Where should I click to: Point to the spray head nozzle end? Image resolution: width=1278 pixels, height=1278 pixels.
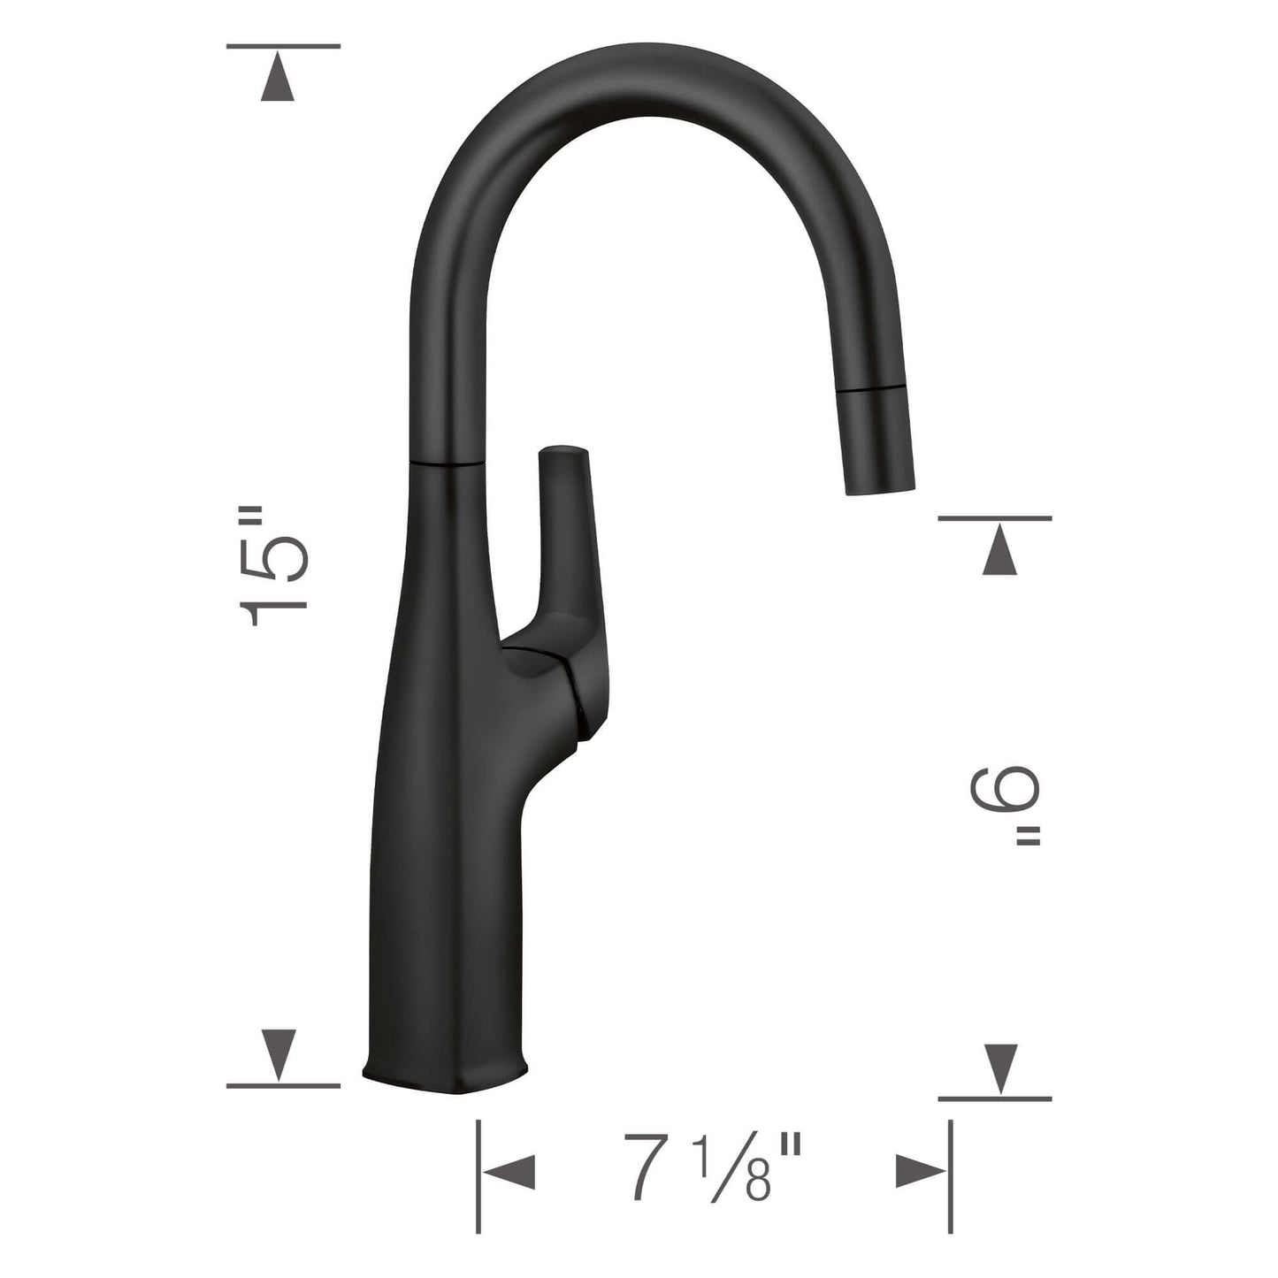[881, 488]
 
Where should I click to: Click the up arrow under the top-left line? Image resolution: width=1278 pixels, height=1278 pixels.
[279, 78]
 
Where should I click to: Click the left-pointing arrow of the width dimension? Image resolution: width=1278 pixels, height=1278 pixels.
[511, 1172]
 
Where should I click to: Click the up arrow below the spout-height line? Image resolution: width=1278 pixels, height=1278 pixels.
[999, 550]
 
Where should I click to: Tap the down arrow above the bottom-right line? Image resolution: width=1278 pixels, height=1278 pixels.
[999, 1068]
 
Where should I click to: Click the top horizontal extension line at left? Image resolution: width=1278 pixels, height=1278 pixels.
[283, 46]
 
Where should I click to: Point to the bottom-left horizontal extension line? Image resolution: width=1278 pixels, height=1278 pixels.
[283, 1085]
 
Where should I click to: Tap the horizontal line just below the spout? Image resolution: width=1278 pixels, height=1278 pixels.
[995, 517]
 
